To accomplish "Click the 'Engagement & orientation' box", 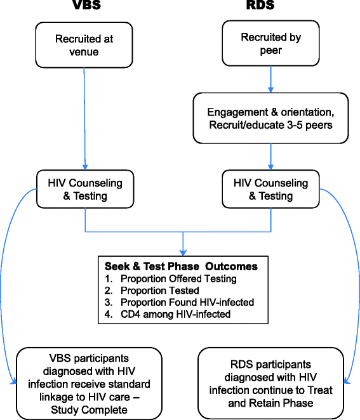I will [271, 117].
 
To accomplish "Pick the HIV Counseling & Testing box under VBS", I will [85, 190].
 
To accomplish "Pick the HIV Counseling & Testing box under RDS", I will [271, 190].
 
